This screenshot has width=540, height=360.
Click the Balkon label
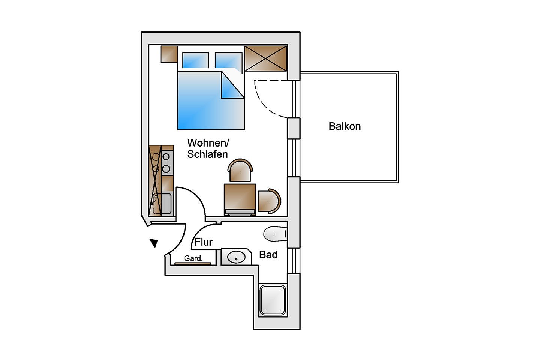345,127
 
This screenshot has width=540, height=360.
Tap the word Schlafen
208,154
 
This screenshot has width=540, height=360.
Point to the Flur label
204,242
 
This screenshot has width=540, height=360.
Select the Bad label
268,255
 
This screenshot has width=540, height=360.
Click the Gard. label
193,258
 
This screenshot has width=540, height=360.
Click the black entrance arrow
154,243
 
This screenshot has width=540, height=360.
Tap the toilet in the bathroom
275,234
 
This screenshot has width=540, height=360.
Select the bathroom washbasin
237,257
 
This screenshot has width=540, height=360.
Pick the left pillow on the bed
195,60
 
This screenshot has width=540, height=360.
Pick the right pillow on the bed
228,60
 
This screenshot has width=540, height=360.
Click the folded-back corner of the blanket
232,86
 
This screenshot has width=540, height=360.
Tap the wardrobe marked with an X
266,58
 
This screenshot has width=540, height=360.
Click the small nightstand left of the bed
169,54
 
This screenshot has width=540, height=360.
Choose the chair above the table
240,171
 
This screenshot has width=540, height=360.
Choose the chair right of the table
269,201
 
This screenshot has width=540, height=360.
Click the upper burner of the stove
166,157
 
